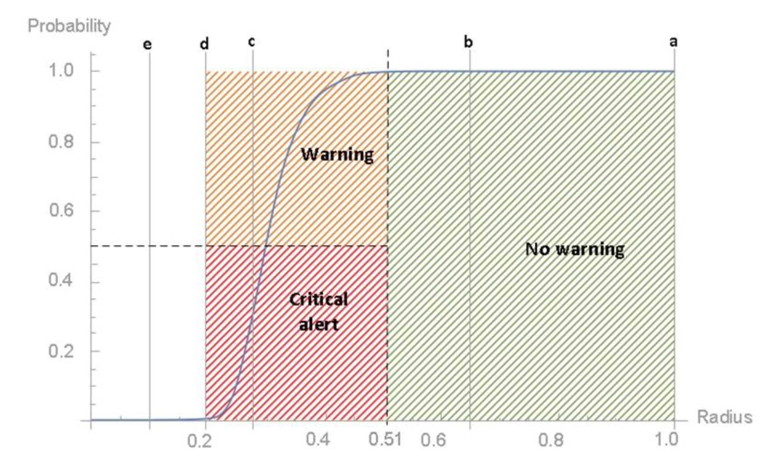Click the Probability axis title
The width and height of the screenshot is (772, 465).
[69, 26]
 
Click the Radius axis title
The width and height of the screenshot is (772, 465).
[725, 417]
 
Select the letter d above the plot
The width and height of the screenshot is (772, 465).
[204, 44]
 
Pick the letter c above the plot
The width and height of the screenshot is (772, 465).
[251, 42]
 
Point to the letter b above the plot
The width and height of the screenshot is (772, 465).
[468, 42]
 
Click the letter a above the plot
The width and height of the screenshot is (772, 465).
[674, 42]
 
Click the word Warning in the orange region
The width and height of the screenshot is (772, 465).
[337, 154]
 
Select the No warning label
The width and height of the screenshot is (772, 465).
[575, 249]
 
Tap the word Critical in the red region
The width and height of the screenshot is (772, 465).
[318, 300]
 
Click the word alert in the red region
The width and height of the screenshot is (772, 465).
[318, 325]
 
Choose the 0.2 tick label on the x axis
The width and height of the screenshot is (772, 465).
[199, 441]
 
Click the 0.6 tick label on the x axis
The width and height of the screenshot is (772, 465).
[433, 440]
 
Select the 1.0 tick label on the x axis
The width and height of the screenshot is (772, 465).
[666, 439]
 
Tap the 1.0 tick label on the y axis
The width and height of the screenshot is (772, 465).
[61, 71]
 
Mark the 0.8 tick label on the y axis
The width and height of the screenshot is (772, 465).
[61, 142]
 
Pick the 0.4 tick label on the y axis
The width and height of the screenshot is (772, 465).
[61, 280]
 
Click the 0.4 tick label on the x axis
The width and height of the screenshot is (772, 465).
[318, 440]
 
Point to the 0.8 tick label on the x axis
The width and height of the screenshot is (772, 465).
[551, 440]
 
